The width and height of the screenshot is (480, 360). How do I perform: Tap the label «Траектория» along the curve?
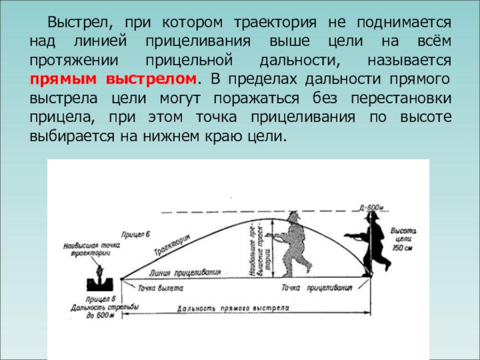pos(172,245)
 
